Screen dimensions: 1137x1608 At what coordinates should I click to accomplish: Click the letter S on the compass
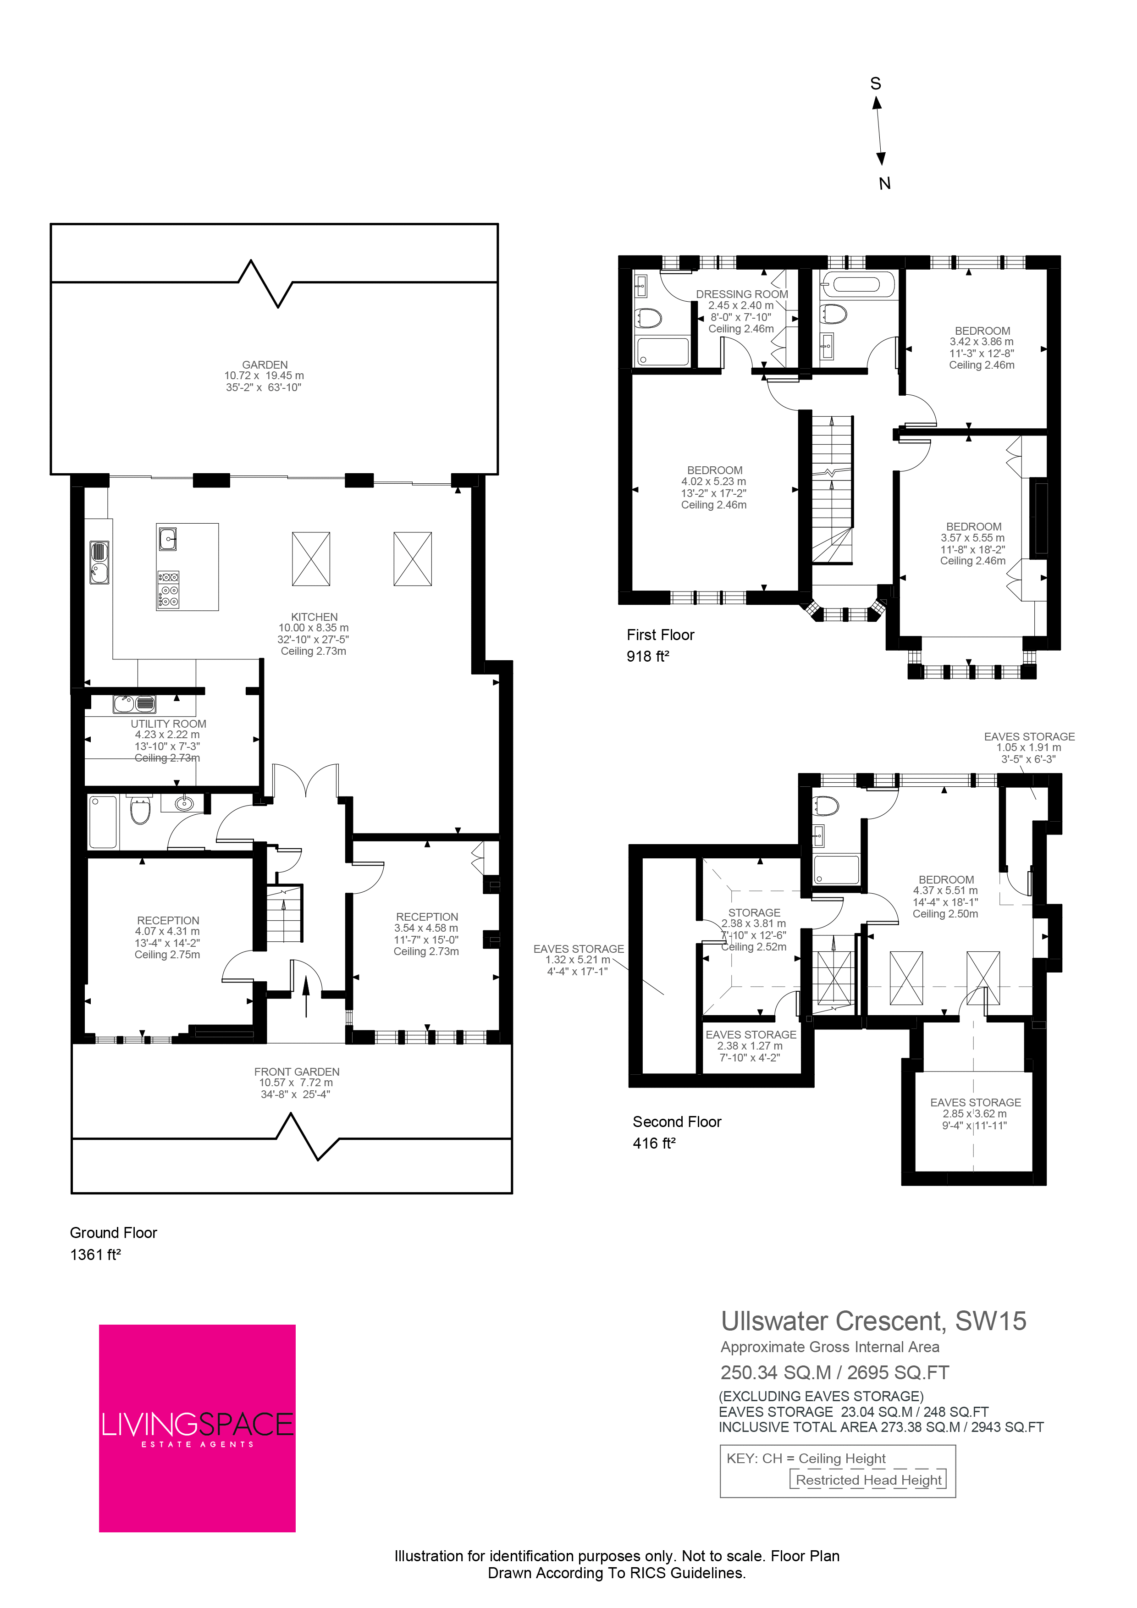point(875,83)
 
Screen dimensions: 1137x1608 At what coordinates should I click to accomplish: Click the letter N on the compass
point(885,183)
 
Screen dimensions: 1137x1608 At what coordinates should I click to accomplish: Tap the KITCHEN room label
point(315,617)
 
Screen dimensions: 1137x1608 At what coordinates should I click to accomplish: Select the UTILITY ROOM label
point(169,724)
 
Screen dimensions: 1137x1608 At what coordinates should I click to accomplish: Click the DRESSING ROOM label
point(742,294)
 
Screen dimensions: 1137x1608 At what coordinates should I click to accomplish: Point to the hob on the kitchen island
point(168,590)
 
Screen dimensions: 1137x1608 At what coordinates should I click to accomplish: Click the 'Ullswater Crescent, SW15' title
point(874,1321)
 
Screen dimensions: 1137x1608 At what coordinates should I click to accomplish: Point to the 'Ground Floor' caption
point(113,1232)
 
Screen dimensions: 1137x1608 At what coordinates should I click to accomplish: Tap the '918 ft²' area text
point(648,656)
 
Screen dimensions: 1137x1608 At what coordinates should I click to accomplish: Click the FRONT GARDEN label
point(297,1072)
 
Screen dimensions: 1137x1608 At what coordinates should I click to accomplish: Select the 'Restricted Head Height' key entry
point(869,1479)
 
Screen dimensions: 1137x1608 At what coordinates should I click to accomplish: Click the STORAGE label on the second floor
point(754,912)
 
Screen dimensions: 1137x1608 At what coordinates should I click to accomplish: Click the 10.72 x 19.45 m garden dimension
point(265,376)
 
